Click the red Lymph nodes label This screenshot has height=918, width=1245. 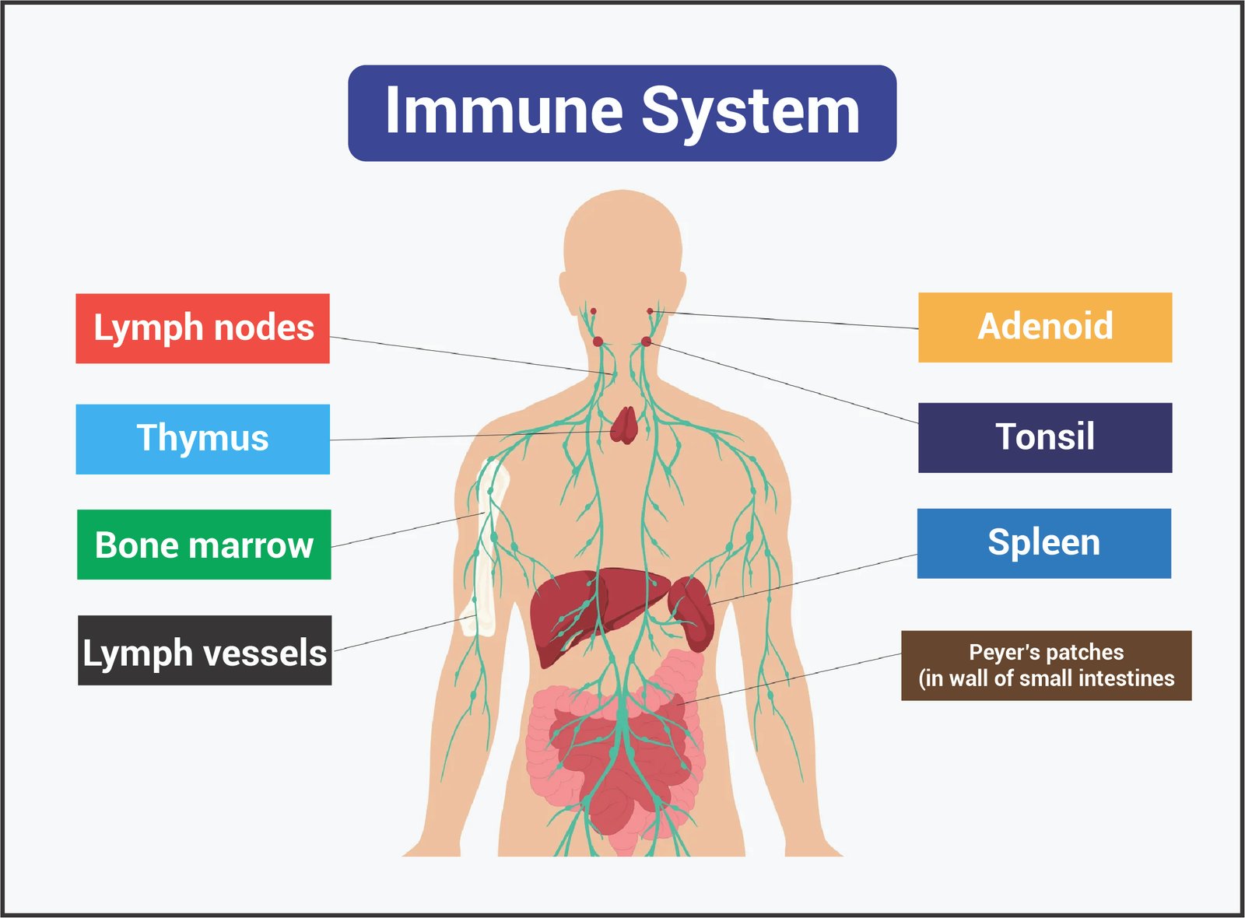(202, 328)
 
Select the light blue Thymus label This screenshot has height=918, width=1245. (202, 439)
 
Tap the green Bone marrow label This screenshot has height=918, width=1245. (204, 545)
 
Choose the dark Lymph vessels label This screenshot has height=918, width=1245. (205, 651)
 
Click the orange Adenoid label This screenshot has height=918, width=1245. (1045, 327)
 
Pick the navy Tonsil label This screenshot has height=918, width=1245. (1045, 437)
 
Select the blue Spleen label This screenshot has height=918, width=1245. (1043, 543)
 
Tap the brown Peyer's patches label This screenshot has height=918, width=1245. (1046, 665)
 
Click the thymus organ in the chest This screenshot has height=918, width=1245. (623, 426)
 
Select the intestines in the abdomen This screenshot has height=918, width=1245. (615, 755)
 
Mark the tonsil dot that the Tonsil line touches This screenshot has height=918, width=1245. (646, 342)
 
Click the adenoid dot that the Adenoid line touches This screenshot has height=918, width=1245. (651, 311)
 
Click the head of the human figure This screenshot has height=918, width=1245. (622, 241)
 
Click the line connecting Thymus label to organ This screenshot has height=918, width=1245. (467, 436)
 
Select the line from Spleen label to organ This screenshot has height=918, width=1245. (817, 579)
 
